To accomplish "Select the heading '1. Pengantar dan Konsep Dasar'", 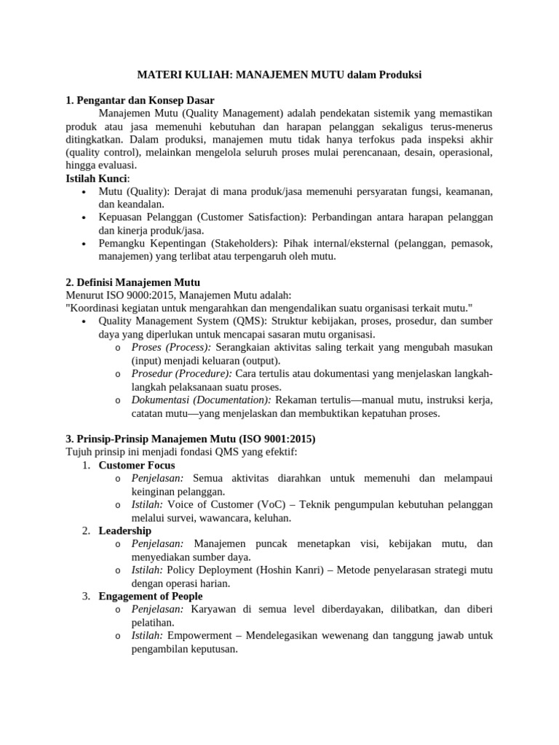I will pos(140,100).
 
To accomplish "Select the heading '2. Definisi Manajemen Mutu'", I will pos(132,282).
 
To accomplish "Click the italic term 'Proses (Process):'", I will pos(171,347).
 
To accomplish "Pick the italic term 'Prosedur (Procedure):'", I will pos(182,373).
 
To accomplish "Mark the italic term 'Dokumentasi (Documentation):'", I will pos(201,399).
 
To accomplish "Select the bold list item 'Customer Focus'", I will pos(137,465).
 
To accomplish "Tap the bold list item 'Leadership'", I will pos(125,530).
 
